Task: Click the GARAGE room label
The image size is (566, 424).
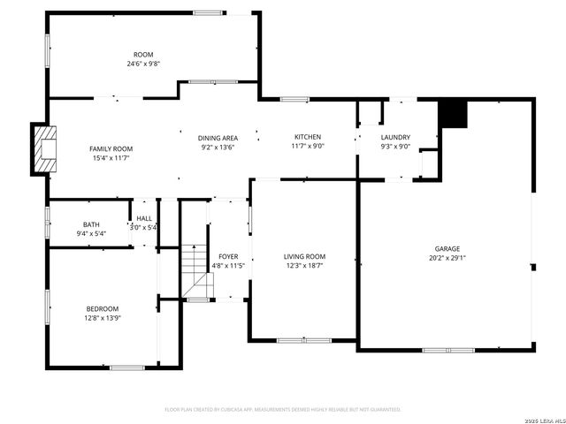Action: point(447,249)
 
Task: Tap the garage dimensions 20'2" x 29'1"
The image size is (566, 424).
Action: point(447,259)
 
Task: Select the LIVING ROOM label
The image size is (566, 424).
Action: point(304,256)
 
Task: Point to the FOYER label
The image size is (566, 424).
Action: point(228,256)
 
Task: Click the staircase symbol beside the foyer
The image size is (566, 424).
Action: point(198,270)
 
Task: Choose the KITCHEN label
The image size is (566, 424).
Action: point(308,137)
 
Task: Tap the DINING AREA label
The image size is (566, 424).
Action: point(218,138)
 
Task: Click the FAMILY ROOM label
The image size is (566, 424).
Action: point(111,148)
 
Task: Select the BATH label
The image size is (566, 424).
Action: point(92,224)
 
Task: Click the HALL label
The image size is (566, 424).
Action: point(143,218)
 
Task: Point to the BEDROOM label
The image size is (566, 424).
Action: point(103,308)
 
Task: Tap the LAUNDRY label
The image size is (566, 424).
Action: point(395,137)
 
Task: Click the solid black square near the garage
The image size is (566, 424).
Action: point(452,115)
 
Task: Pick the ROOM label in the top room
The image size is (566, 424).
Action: point(142,55)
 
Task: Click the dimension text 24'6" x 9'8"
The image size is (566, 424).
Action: point(142,64)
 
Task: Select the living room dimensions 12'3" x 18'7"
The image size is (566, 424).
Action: point(304,266)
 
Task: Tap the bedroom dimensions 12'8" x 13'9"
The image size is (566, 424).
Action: point(103,318)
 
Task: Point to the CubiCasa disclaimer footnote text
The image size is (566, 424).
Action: point(283,410)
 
